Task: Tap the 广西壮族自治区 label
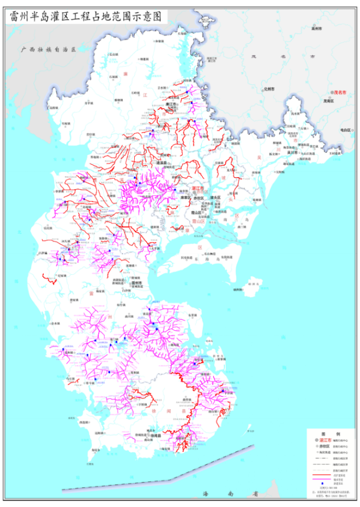click(47, 49)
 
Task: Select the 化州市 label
click(269, 88)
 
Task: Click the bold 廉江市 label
click(172, 104)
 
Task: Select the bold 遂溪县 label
click(161, 162)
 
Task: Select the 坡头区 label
click(215, 197)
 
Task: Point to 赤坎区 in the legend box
click(326, 446)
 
